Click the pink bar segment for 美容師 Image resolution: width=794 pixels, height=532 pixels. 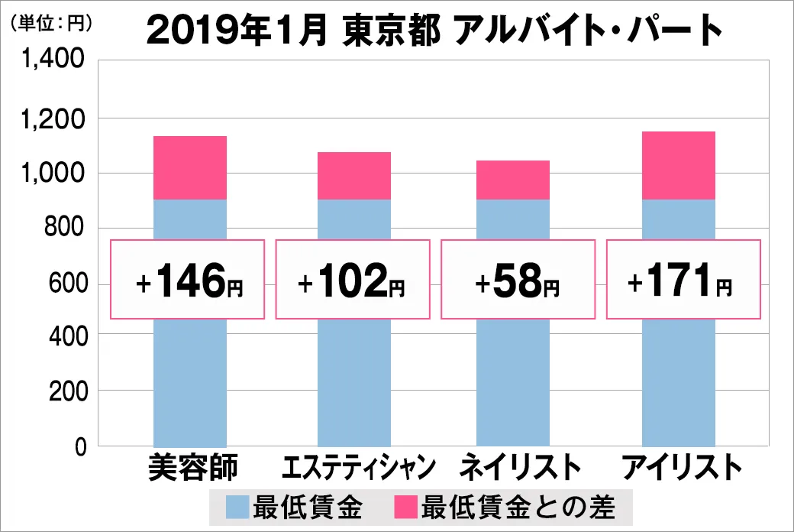point(190,168)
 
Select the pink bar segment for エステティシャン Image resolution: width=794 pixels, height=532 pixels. point(354,176)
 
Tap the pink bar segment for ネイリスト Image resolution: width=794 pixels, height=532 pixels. point(512,180)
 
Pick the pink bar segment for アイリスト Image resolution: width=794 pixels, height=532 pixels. point(678,166)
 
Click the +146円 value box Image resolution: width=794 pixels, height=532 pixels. point(188,280)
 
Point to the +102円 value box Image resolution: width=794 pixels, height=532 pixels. point(353,280)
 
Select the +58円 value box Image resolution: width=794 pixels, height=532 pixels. point(518,280)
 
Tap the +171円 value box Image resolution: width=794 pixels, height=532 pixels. point(683,280)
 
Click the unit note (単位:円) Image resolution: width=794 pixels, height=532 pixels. point(52,23)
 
